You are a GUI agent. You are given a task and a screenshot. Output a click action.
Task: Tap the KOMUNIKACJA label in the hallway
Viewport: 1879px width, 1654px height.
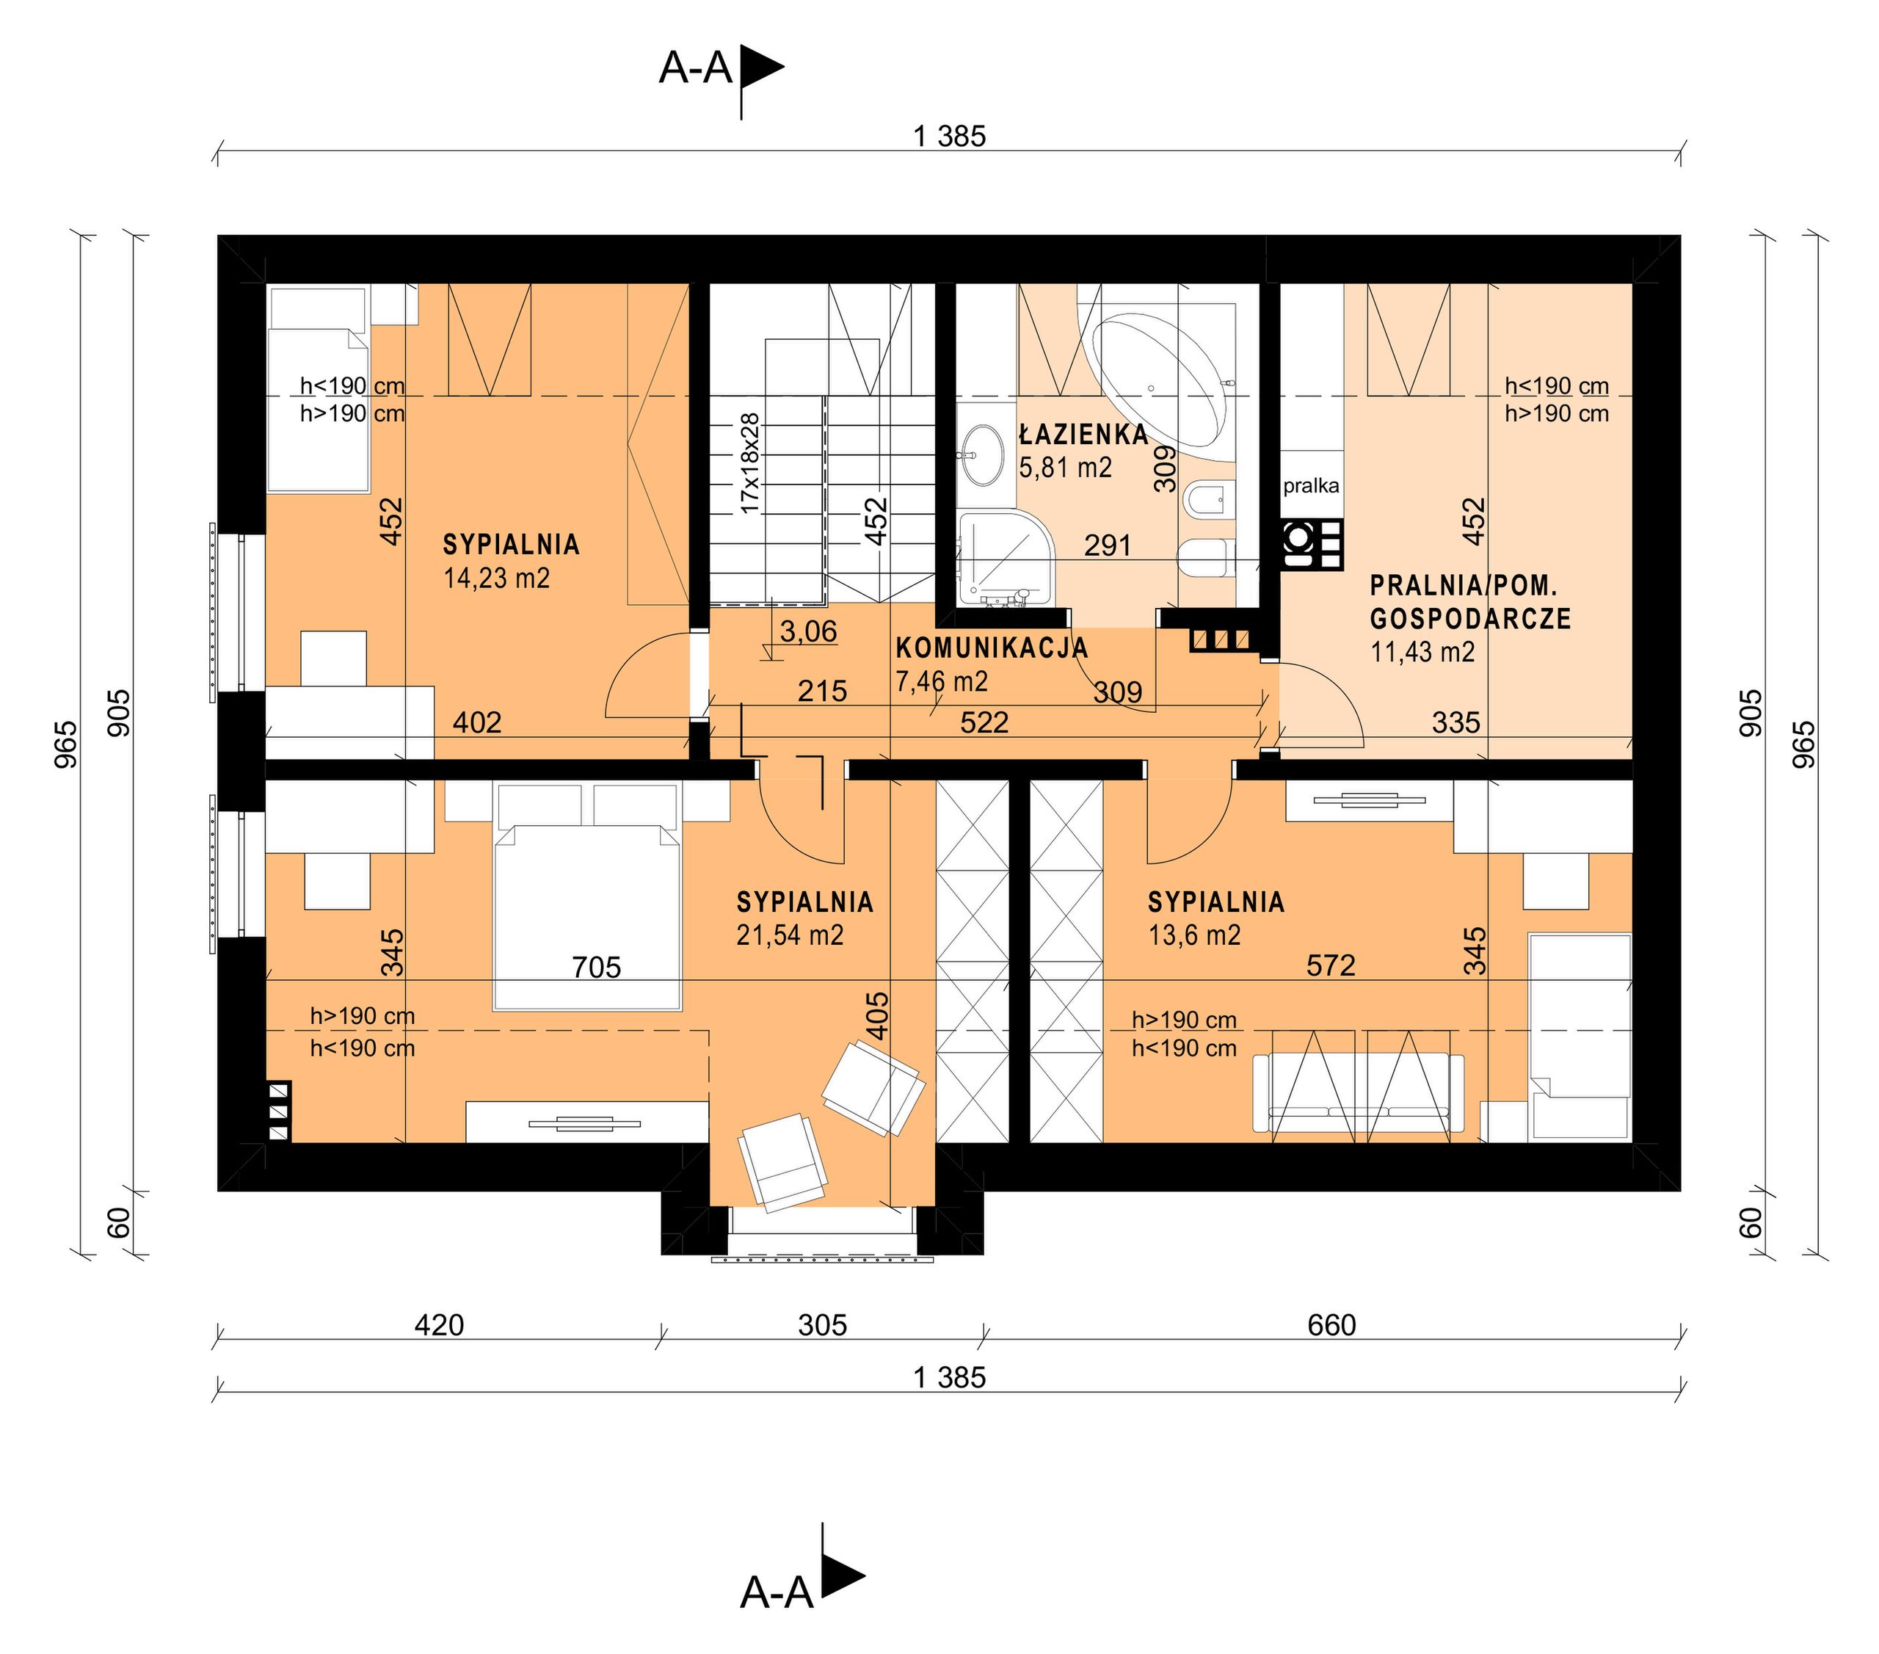[x=992, y=648]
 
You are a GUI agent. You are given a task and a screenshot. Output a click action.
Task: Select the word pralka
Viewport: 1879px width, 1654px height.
[x=1311, y=485]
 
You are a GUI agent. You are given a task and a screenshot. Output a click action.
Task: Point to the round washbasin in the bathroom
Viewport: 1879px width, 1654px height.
[x=983, y=454]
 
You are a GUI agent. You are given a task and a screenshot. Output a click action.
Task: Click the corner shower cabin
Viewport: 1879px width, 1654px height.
[x=1006, y=560]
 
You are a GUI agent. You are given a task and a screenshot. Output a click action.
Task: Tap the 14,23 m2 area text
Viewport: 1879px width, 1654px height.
[x=496, y=578]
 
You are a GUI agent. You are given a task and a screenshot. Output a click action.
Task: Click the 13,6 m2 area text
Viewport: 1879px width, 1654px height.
[x=1194, y=935]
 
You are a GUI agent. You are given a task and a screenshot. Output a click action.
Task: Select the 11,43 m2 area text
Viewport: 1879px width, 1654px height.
[x=1422, y=652]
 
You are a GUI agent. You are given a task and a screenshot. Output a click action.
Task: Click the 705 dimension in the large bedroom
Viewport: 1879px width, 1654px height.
[x=597, y=967]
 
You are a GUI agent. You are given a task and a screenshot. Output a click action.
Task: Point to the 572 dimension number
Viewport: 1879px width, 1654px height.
[x=1330, y=965]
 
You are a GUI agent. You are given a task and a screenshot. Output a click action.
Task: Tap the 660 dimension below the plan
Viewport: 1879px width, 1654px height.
[x=1331, y=1325]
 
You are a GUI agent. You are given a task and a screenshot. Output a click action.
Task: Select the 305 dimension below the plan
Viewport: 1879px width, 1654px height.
[x=822, y=1325]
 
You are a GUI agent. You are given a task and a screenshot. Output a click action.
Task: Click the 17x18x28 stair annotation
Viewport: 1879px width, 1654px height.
[x=750, y=463]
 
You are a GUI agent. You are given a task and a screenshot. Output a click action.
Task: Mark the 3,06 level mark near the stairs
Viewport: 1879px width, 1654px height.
[x=808, y=631]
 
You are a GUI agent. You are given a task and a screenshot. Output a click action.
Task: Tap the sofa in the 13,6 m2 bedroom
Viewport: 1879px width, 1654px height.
[x=1359, y=1092]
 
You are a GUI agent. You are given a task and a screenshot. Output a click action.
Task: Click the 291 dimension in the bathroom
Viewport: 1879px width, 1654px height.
[x=1107, y=546]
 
